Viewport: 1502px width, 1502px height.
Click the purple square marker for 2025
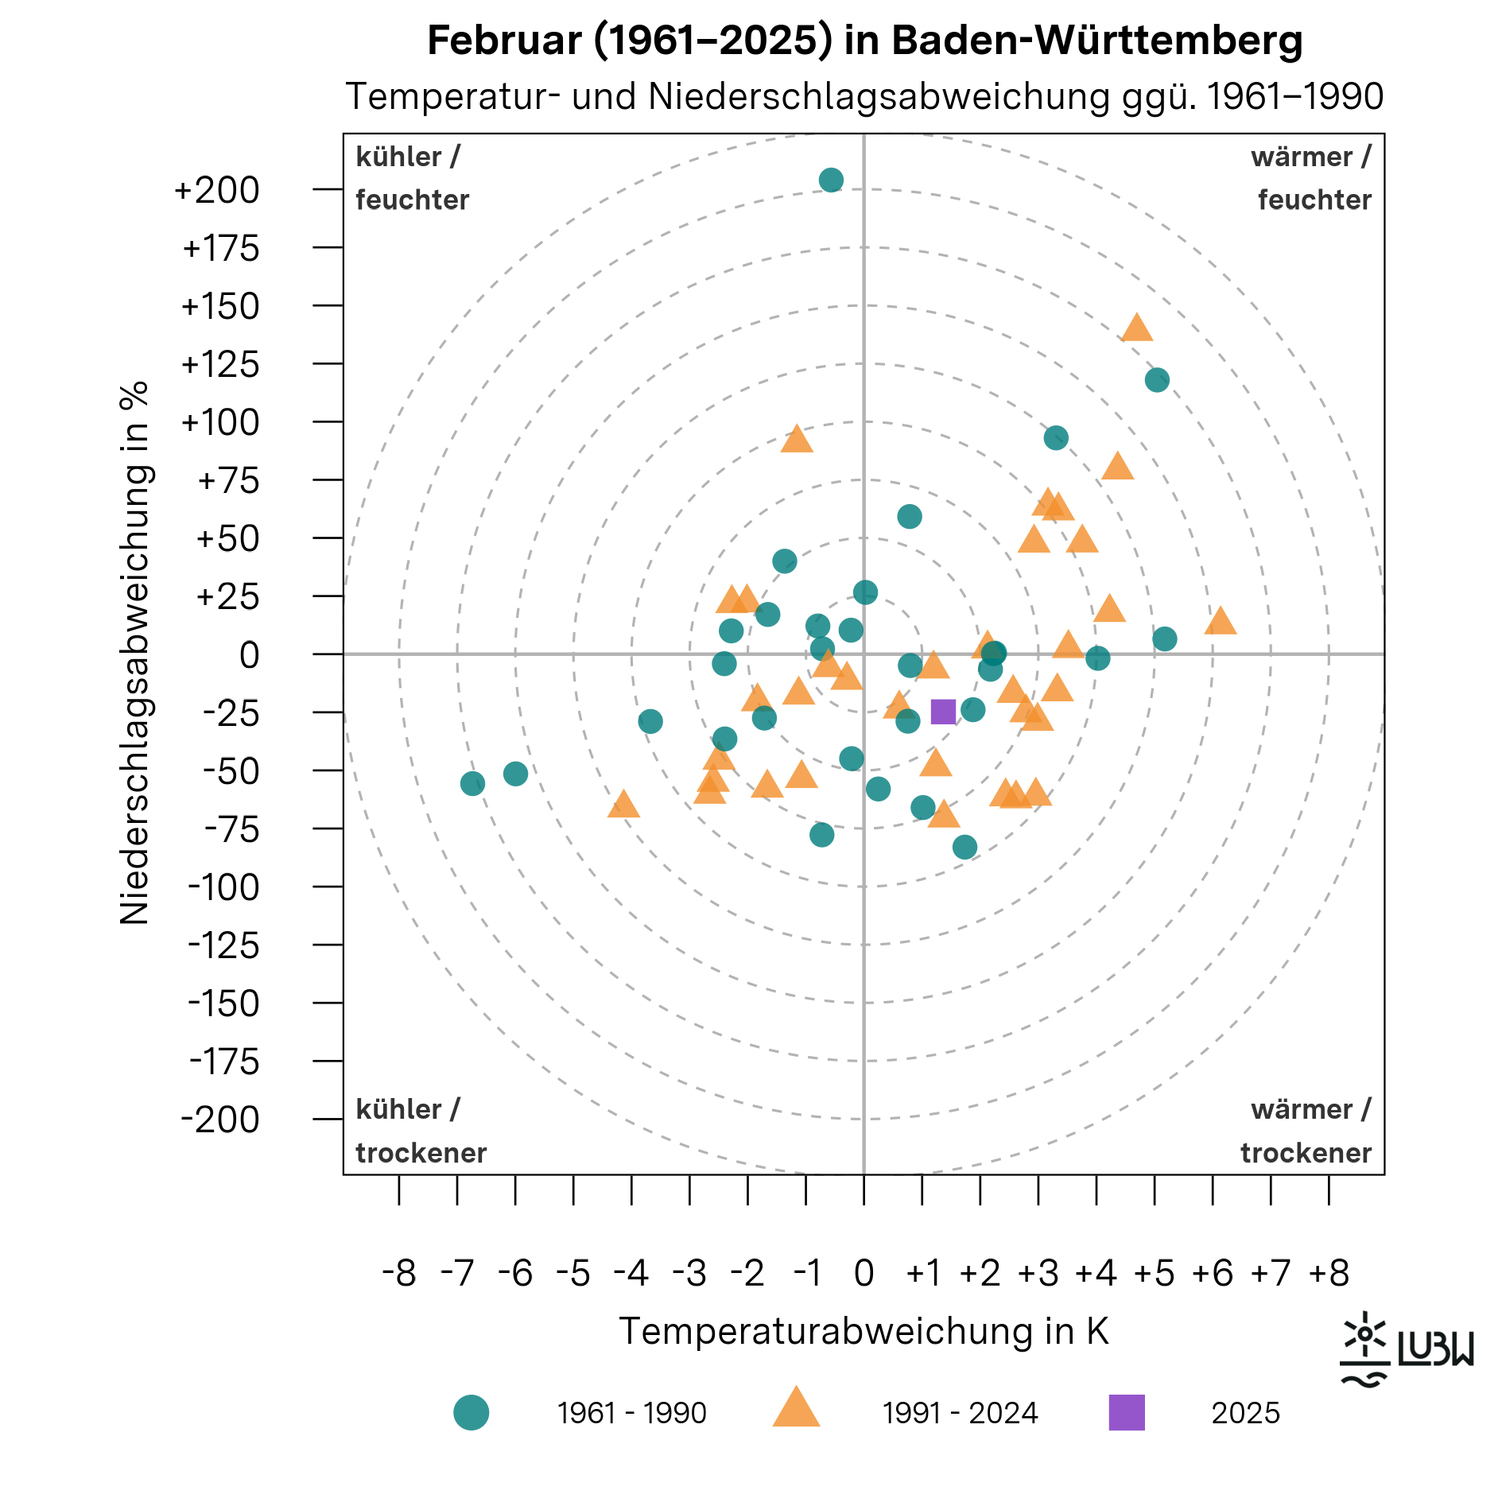click(x=943, y=712)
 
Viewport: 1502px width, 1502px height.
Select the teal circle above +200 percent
click(x=831, y=180)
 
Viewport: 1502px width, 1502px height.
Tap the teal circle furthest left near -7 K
click(x=472, y=784)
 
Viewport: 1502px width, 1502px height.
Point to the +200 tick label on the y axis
click(x=217, y=191)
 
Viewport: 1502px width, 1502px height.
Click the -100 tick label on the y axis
click(x=223, y=887)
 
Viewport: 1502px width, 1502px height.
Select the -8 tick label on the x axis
click(x=399, y=1273)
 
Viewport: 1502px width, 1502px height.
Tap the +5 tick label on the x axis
click(x=1155, y=1273)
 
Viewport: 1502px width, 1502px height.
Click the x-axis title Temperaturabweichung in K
click(x=864, y=1331)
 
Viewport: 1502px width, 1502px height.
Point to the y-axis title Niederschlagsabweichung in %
click(x=134, y=654)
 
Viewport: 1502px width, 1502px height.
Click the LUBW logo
click(x=1407, y=1349)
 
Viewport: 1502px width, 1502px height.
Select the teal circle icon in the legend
click(x=472, y=1412)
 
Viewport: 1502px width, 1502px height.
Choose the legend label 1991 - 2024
click(x=960, y=1413)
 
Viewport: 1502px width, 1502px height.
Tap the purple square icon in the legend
click(x=1127, y=1412)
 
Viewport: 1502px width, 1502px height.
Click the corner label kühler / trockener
click(x=421, y=1131)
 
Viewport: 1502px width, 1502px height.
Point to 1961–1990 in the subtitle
click(x=1294, y=97)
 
